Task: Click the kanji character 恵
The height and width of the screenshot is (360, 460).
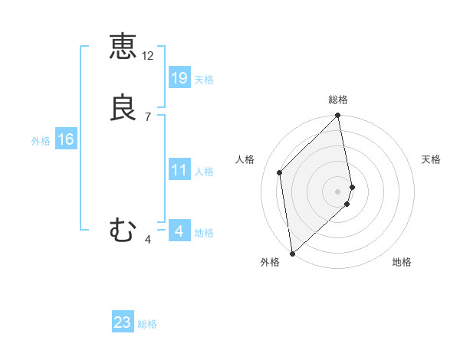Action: tap(123, 46)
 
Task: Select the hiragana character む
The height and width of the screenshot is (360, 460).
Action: tap(123, 230)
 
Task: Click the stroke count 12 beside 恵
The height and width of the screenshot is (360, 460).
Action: tap(148, 56)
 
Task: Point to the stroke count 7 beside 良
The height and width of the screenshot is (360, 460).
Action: tap(147, 117)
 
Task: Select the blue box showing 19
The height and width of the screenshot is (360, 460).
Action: tap(179, 77)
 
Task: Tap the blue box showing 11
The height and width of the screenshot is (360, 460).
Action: tap(179, 170)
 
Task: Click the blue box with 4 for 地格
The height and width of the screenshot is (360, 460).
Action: tap(179, 231)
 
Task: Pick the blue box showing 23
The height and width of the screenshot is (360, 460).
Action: tap(123, 322)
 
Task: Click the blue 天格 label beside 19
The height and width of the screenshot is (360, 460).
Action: tap(204, 80)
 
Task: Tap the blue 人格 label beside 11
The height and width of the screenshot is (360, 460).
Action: tap(204, 172)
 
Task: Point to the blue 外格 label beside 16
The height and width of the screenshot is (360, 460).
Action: tap(41, 141)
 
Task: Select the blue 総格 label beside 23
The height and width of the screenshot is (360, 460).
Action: tap(147, 324)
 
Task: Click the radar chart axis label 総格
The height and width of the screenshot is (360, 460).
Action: tap(338, 100)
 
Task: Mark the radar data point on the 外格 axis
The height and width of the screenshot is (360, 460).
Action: tap(291, 254)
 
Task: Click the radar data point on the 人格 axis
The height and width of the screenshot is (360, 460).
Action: tap(280, 172)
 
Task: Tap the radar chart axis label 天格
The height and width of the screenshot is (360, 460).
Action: tap(432, 159)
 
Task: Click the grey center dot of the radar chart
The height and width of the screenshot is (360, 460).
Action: tap(338, 191)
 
